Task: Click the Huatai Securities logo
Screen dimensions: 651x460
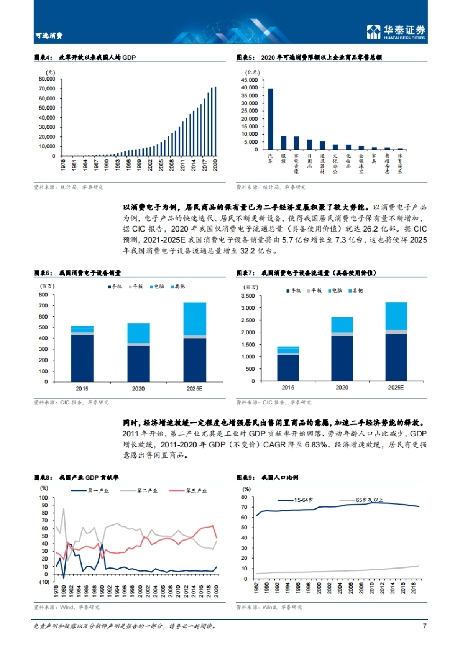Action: coord(396,32)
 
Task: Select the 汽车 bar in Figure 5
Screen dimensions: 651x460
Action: coord(270,119)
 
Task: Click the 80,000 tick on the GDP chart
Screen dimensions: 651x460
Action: coord(47,79)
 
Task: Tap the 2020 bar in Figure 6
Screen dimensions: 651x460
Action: coord(138,352)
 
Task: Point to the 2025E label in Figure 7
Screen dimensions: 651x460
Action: coord(396,388)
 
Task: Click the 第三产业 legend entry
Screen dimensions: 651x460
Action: coord(196,491)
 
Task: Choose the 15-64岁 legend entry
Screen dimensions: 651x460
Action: coord(303,500)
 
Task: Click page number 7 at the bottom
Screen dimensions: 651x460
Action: coord(424,626)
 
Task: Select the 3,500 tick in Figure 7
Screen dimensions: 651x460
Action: coord(248,296)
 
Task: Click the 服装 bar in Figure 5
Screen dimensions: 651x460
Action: coord(283,143)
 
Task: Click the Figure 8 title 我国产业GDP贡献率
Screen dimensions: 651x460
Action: coord(89,478)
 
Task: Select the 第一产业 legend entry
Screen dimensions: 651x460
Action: coord(98,491)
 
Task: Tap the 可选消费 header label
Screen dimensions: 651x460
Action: coord(49,36)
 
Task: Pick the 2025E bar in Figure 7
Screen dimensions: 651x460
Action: coord(396,342)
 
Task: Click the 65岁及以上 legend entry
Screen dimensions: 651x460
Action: coord(369,500)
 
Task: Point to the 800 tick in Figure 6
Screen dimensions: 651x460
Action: coord(43,295)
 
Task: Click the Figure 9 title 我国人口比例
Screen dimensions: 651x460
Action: coord(279,478)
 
